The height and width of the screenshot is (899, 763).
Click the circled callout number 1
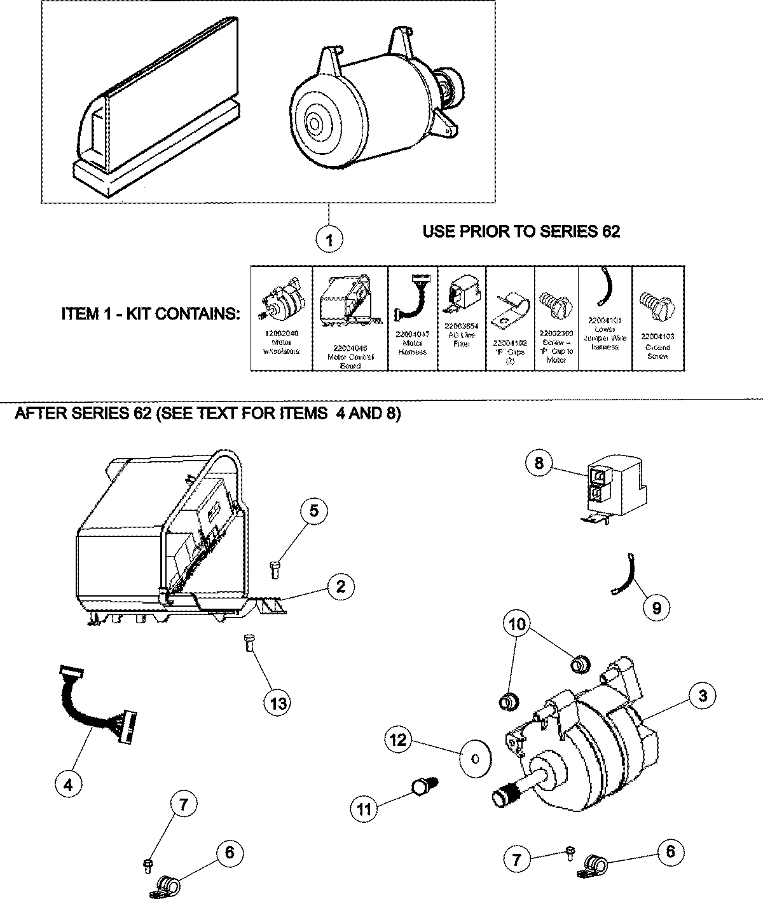[329, 240]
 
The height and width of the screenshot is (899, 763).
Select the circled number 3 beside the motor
[702, 696]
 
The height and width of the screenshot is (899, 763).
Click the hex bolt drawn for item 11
[421, 788]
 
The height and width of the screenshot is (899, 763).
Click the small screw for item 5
[275, 569]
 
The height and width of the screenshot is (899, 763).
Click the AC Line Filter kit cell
[462, 318]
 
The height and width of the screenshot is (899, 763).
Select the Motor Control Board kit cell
[350, 318]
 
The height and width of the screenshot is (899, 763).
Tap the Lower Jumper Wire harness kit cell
[605, 318]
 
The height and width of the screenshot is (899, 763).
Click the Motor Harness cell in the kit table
[413, 318]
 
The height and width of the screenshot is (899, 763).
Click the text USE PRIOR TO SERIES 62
[521, 232]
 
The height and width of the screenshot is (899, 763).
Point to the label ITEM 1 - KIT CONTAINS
[151, 314]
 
